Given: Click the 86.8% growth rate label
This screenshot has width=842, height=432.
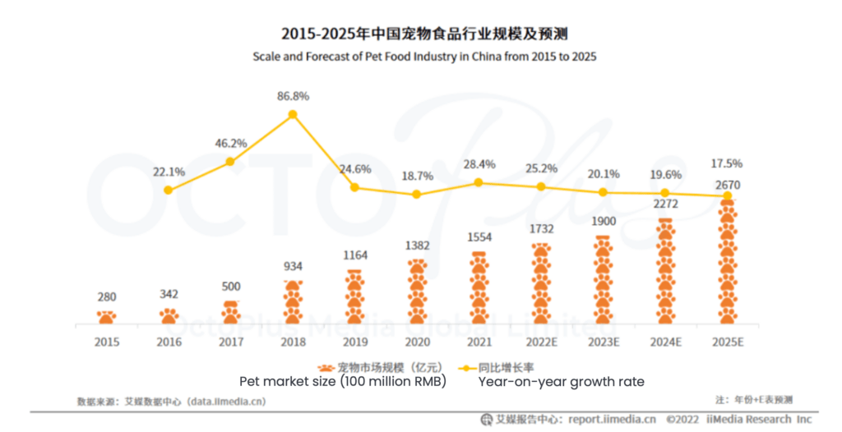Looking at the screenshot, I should pos(293,96).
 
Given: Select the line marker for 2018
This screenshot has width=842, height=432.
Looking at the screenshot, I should pos(293,115).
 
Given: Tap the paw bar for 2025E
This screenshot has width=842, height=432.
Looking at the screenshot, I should pos(727,263).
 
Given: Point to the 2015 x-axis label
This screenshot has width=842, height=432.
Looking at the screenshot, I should pos(107,341).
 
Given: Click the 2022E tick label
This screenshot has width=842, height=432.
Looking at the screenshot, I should pos(541,341).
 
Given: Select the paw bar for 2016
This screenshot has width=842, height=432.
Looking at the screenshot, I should pos(169,315).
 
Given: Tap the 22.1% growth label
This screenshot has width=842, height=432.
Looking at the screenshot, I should pos(169,172).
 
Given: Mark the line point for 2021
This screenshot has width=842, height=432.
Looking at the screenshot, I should pos(479,182).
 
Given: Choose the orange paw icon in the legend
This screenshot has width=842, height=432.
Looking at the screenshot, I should pos(326,367).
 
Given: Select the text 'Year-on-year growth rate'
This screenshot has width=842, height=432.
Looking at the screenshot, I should pos(562,382).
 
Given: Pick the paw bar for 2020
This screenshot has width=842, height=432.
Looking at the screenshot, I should pos(417,292).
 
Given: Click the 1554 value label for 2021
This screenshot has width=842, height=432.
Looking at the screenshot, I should pos(479,236).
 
